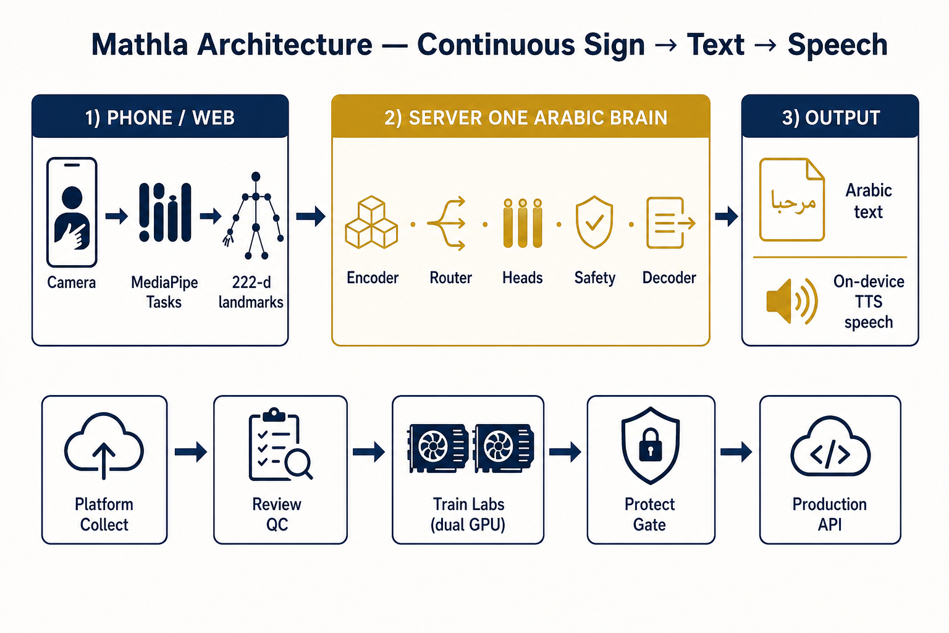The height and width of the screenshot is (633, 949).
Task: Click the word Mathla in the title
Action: pos(140,45)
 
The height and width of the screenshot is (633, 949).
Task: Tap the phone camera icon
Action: pos(72,212)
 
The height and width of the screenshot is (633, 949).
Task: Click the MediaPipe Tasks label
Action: pos(164,292)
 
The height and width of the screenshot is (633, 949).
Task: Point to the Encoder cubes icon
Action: pos(371,222)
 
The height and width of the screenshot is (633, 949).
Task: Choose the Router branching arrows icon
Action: pos(447,223)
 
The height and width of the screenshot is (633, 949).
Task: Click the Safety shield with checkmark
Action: pos(594,222)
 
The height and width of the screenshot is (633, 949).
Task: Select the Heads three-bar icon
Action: pos(522,223)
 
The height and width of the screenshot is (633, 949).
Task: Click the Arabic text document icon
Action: pos(791,200)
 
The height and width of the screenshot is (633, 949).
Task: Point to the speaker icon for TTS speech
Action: pos(791,302)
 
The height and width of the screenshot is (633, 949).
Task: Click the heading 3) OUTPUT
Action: pos(831,117)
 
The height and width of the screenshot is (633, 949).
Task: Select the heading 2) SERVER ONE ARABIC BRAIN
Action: pos(525,117)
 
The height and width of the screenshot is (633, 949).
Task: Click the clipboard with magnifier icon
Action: pos(280,444)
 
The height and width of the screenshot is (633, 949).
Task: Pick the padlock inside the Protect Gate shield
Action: pos(651,445)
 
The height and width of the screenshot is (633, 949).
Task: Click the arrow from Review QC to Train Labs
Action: pos(369,452)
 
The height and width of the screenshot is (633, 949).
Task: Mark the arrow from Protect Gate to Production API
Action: pos(736,452)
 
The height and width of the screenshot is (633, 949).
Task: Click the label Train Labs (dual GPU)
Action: pos(468,514)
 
